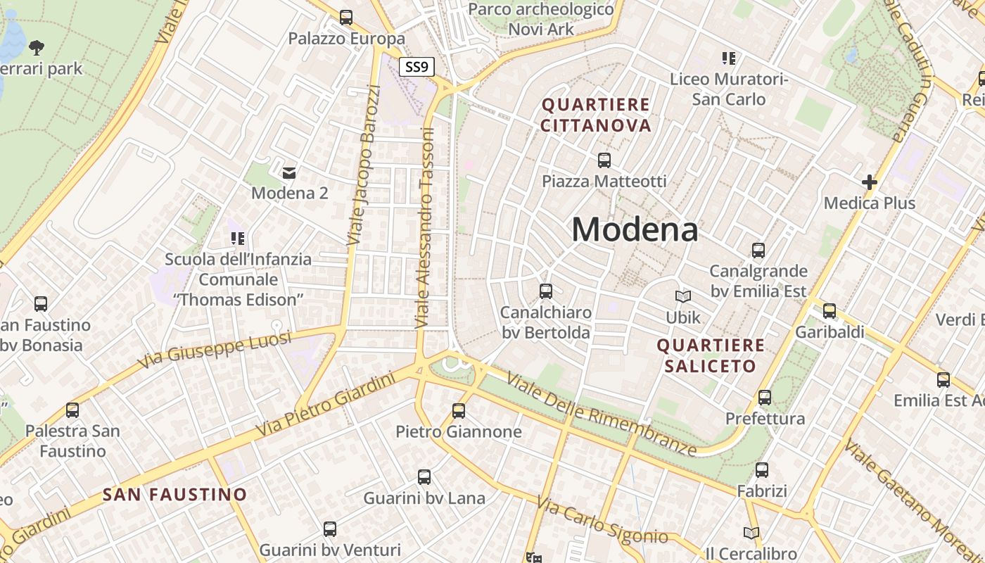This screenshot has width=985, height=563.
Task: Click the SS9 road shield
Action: [x=417, y=68]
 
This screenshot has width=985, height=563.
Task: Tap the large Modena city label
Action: [x=635, y=229]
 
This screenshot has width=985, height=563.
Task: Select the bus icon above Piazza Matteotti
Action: [x=604, y=160]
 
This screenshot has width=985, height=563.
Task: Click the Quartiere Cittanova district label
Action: [x=596, y=115]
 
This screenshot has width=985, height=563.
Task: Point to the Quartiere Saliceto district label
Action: [x=710, y=355]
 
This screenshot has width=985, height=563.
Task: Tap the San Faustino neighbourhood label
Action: [x=175, y=495]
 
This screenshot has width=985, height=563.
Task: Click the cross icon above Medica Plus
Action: [x=870, y=183]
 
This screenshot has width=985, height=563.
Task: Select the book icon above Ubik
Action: [x=682, y=297]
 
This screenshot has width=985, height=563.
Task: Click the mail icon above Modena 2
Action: [x=289, y=172]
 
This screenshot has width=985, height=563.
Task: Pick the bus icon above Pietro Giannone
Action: [x=459, y=410]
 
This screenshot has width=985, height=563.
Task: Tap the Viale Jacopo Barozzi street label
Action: [x=364, y=165]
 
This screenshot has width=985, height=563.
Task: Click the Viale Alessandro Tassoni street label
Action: [x=425, y=228]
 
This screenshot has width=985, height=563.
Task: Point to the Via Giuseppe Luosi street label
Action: [x=214, y=350]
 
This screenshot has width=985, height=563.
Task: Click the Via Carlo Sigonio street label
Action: [x=602, y=521]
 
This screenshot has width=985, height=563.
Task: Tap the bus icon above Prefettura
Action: [x=765, y=398]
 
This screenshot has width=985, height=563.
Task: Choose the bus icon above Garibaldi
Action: [x=830, y=311]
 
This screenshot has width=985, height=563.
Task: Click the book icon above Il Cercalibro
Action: [x=751, y=533]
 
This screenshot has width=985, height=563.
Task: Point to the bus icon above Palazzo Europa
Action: [x=346, y=18]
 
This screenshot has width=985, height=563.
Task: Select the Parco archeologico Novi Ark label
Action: [x=541, y=19]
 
